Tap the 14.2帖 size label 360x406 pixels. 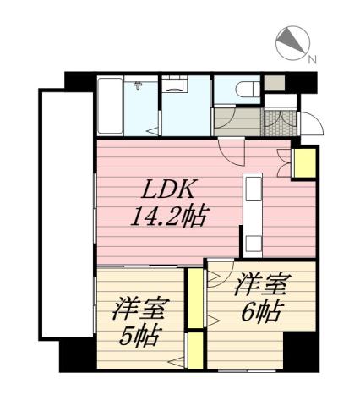(x=171, y=216)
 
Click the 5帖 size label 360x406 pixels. (x=139, y=337)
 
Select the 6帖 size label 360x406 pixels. (x=260, y=310)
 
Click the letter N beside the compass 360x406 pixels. (x=312, y=59)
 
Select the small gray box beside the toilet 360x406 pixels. (x=273, y=84)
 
